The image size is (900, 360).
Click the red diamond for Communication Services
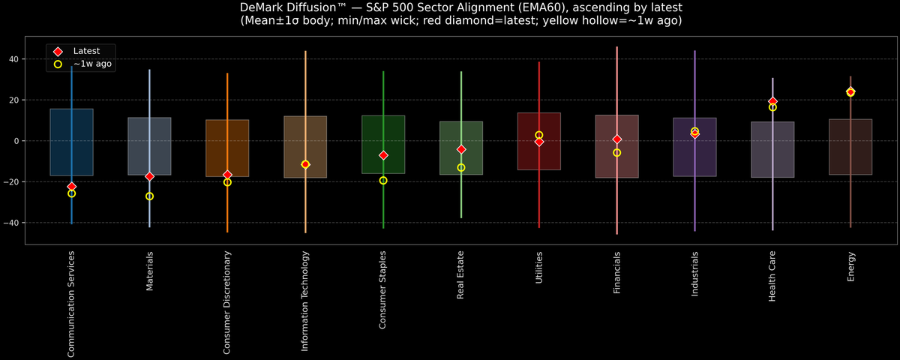71,187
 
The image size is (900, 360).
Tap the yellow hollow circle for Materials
149,196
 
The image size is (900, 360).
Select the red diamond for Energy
850,91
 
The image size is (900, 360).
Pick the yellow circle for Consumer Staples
383,181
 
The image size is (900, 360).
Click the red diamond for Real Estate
461,150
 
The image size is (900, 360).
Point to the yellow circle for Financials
617,153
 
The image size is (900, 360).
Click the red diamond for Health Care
772,101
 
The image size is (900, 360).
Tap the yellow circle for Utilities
539,135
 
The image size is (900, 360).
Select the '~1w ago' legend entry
91,64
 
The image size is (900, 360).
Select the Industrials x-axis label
695,274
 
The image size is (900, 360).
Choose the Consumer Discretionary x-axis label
227,303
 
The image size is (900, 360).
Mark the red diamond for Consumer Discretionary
227,175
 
